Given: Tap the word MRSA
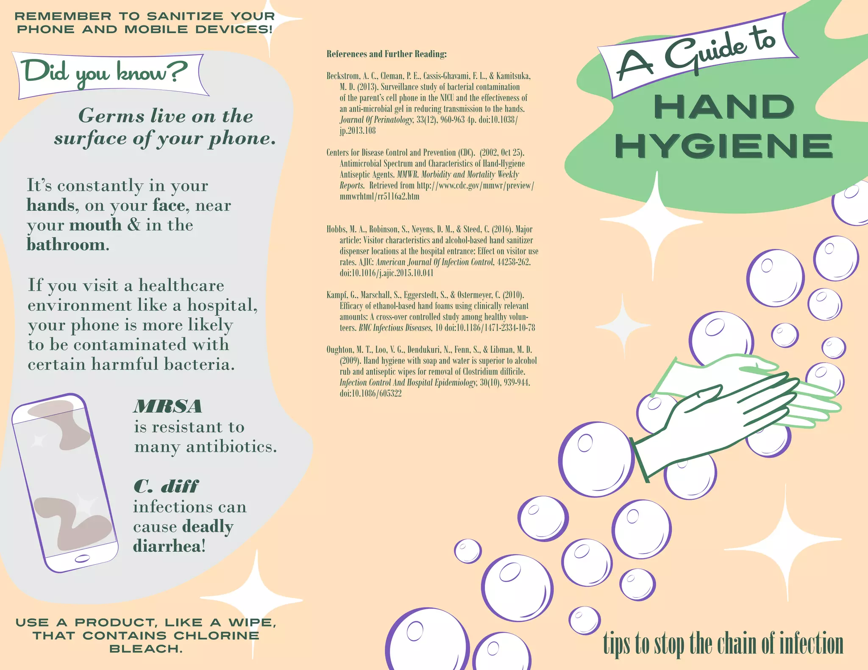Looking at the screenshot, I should [x=168, y=407].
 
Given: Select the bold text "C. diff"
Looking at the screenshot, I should [x=166, y=487].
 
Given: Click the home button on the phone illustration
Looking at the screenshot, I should [x=82, y=559].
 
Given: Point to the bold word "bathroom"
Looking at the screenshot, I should [x=66, y=245].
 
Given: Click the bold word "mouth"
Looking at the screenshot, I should [x=95, y=225].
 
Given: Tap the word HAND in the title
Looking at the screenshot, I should [x=723, y=107].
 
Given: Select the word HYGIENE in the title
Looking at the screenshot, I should [x=723, y=147].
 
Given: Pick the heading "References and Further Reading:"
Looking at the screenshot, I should [x=387, y=54].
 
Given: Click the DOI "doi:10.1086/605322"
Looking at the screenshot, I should [x=370, y=393].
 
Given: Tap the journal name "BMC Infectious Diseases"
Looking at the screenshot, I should [x=395, y=328].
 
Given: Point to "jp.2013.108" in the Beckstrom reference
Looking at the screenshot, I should [x=358, y=130].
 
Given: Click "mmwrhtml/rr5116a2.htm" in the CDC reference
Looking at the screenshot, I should [x=379, y=197].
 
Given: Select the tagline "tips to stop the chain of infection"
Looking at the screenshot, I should [x=723, y=643].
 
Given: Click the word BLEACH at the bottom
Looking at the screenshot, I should [x=145, y=649].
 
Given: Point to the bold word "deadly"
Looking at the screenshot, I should [x=208, y=526].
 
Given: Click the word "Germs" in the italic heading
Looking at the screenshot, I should [x=111, y=116].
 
